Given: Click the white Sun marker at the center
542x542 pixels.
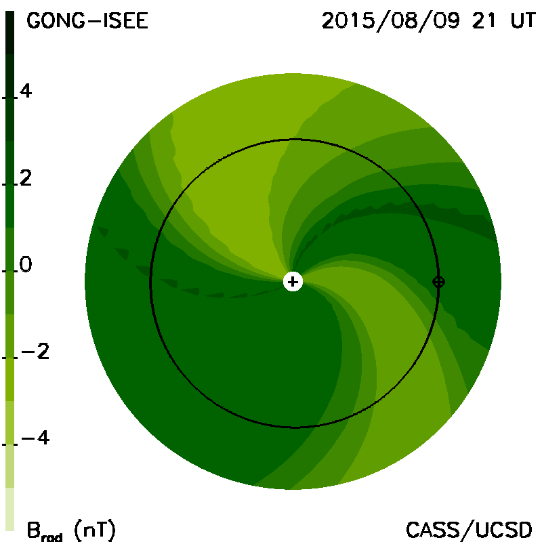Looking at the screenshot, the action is (x=293, y=282).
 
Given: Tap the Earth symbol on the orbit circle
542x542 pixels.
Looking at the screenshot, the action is (x=438, y=282).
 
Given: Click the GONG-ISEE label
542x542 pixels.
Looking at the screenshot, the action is (x=87, y=21).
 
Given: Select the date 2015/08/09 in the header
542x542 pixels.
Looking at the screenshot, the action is (x=391, y=21).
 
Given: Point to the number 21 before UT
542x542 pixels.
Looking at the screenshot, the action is (x=484, y=21).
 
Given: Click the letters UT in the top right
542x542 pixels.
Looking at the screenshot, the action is (x=523, y=21).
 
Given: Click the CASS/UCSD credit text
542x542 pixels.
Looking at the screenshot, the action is (x=469, y=529).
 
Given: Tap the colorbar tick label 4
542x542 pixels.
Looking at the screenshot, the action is (x=26, y=91).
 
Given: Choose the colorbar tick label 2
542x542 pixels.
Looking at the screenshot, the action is (x=26, y=178).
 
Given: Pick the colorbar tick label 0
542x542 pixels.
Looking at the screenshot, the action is (x=26, y=264).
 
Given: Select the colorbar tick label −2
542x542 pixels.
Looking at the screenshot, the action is (x=35, y=351).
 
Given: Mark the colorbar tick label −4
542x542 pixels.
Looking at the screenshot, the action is (x=35, y=438).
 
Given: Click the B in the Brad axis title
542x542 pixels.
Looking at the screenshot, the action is (x=33, y=529).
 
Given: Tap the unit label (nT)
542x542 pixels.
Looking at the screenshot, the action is (x=95, y=529).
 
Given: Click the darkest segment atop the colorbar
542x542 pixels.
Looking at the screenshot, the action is (x=9, y=33).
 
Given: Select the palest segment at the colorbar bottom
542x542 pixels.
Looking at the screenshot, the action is (x=9, y=509).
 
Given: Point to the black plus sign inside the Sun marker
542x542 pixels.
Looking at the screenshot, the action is (x=293, y=282).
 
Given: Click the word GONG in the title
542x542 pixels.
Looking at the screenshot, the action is (x=56, y=21).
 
